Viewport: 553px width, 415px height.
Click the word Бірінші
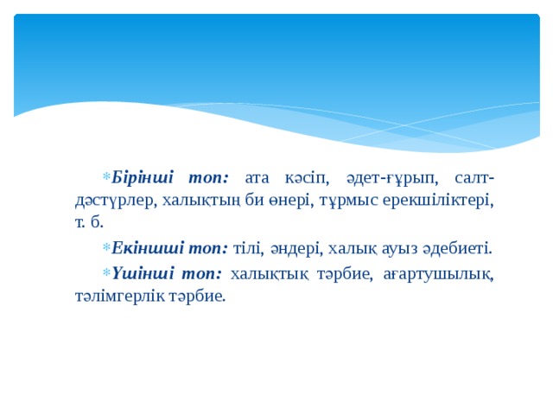coord(143,177)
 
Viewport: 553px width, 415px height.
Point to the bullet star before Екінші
coord(105,250)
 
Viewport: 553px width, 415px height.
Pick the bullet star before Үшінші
coord(105,274)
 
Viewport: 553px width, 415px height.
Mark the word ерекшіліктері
coord(423,201)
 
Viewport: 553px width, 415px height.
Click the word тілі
coord(249,249)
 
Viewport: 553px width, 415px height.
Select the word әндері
coord(296,249)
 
